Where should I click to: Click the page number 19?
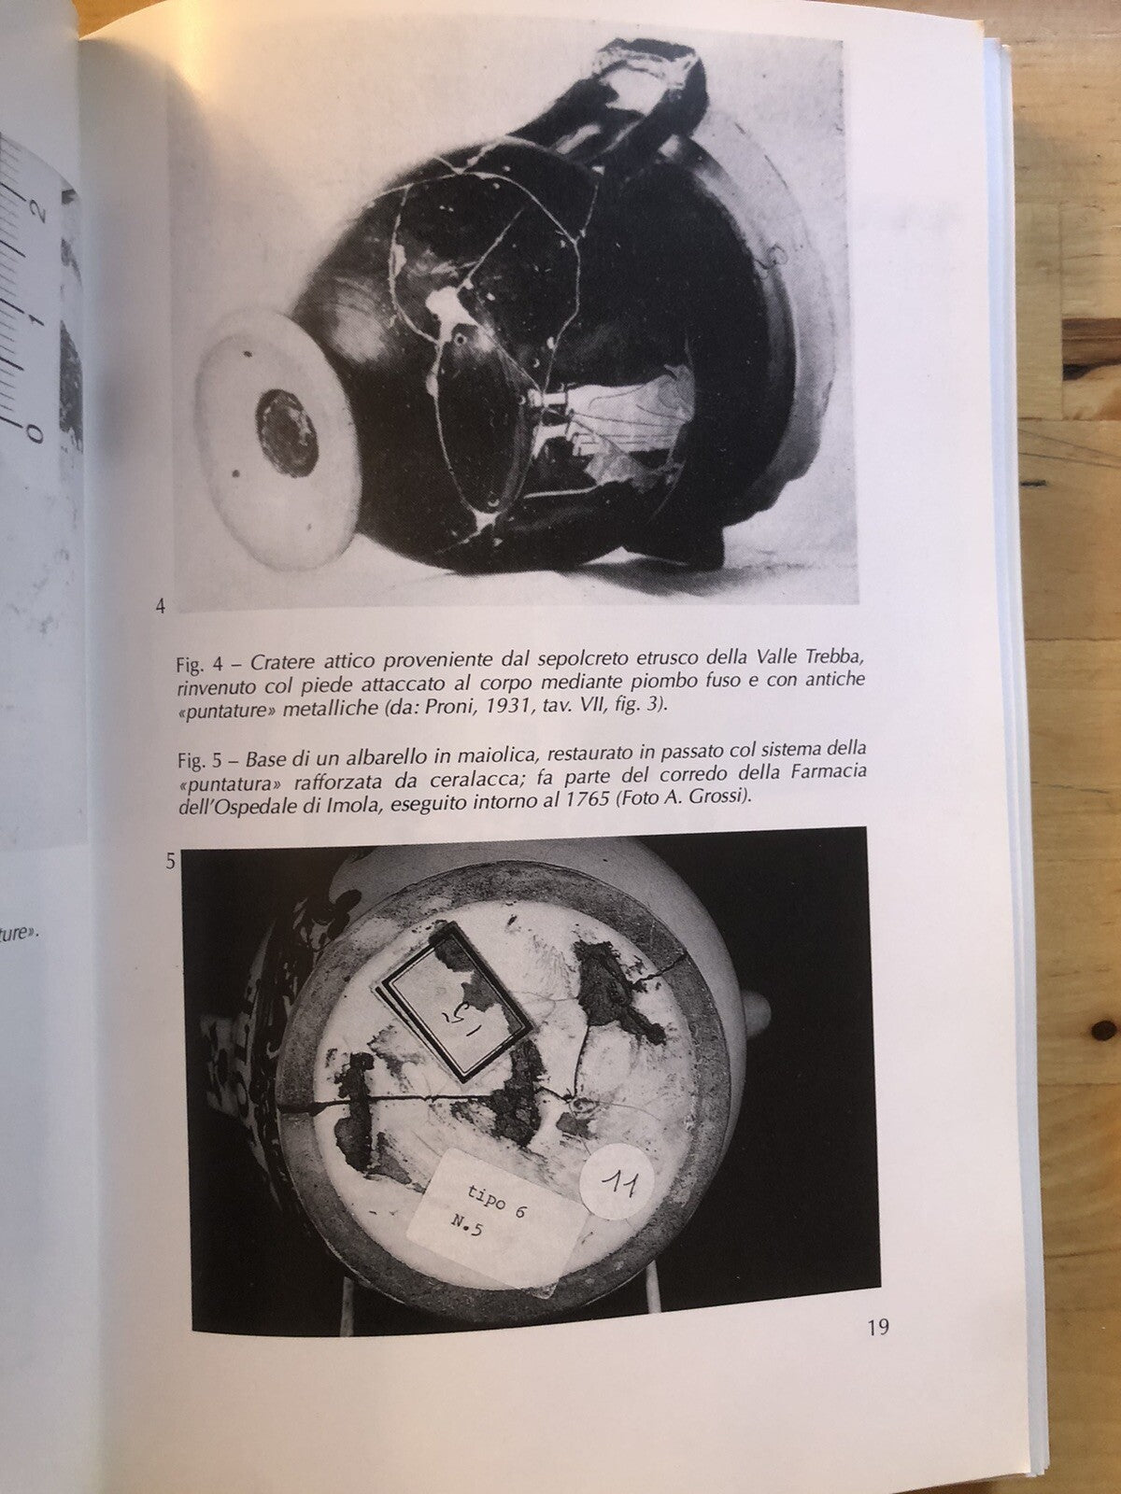(876, 1327)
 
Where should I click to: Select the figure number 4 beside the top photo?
(160, 607)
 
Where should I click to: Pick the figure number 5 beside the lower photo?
(170, 862)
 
